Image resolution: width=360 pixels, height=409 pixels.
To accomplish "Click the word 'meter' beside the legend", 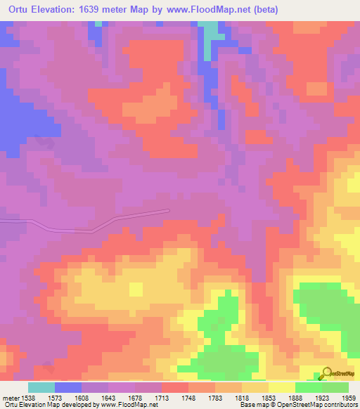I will pos(9,398).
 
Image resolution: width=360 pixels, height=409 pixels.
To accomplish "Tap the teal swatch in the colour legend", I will pos(41,387).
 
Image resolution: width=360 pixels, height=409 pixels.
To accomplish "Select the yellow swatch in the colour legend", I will pos(282,387).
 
